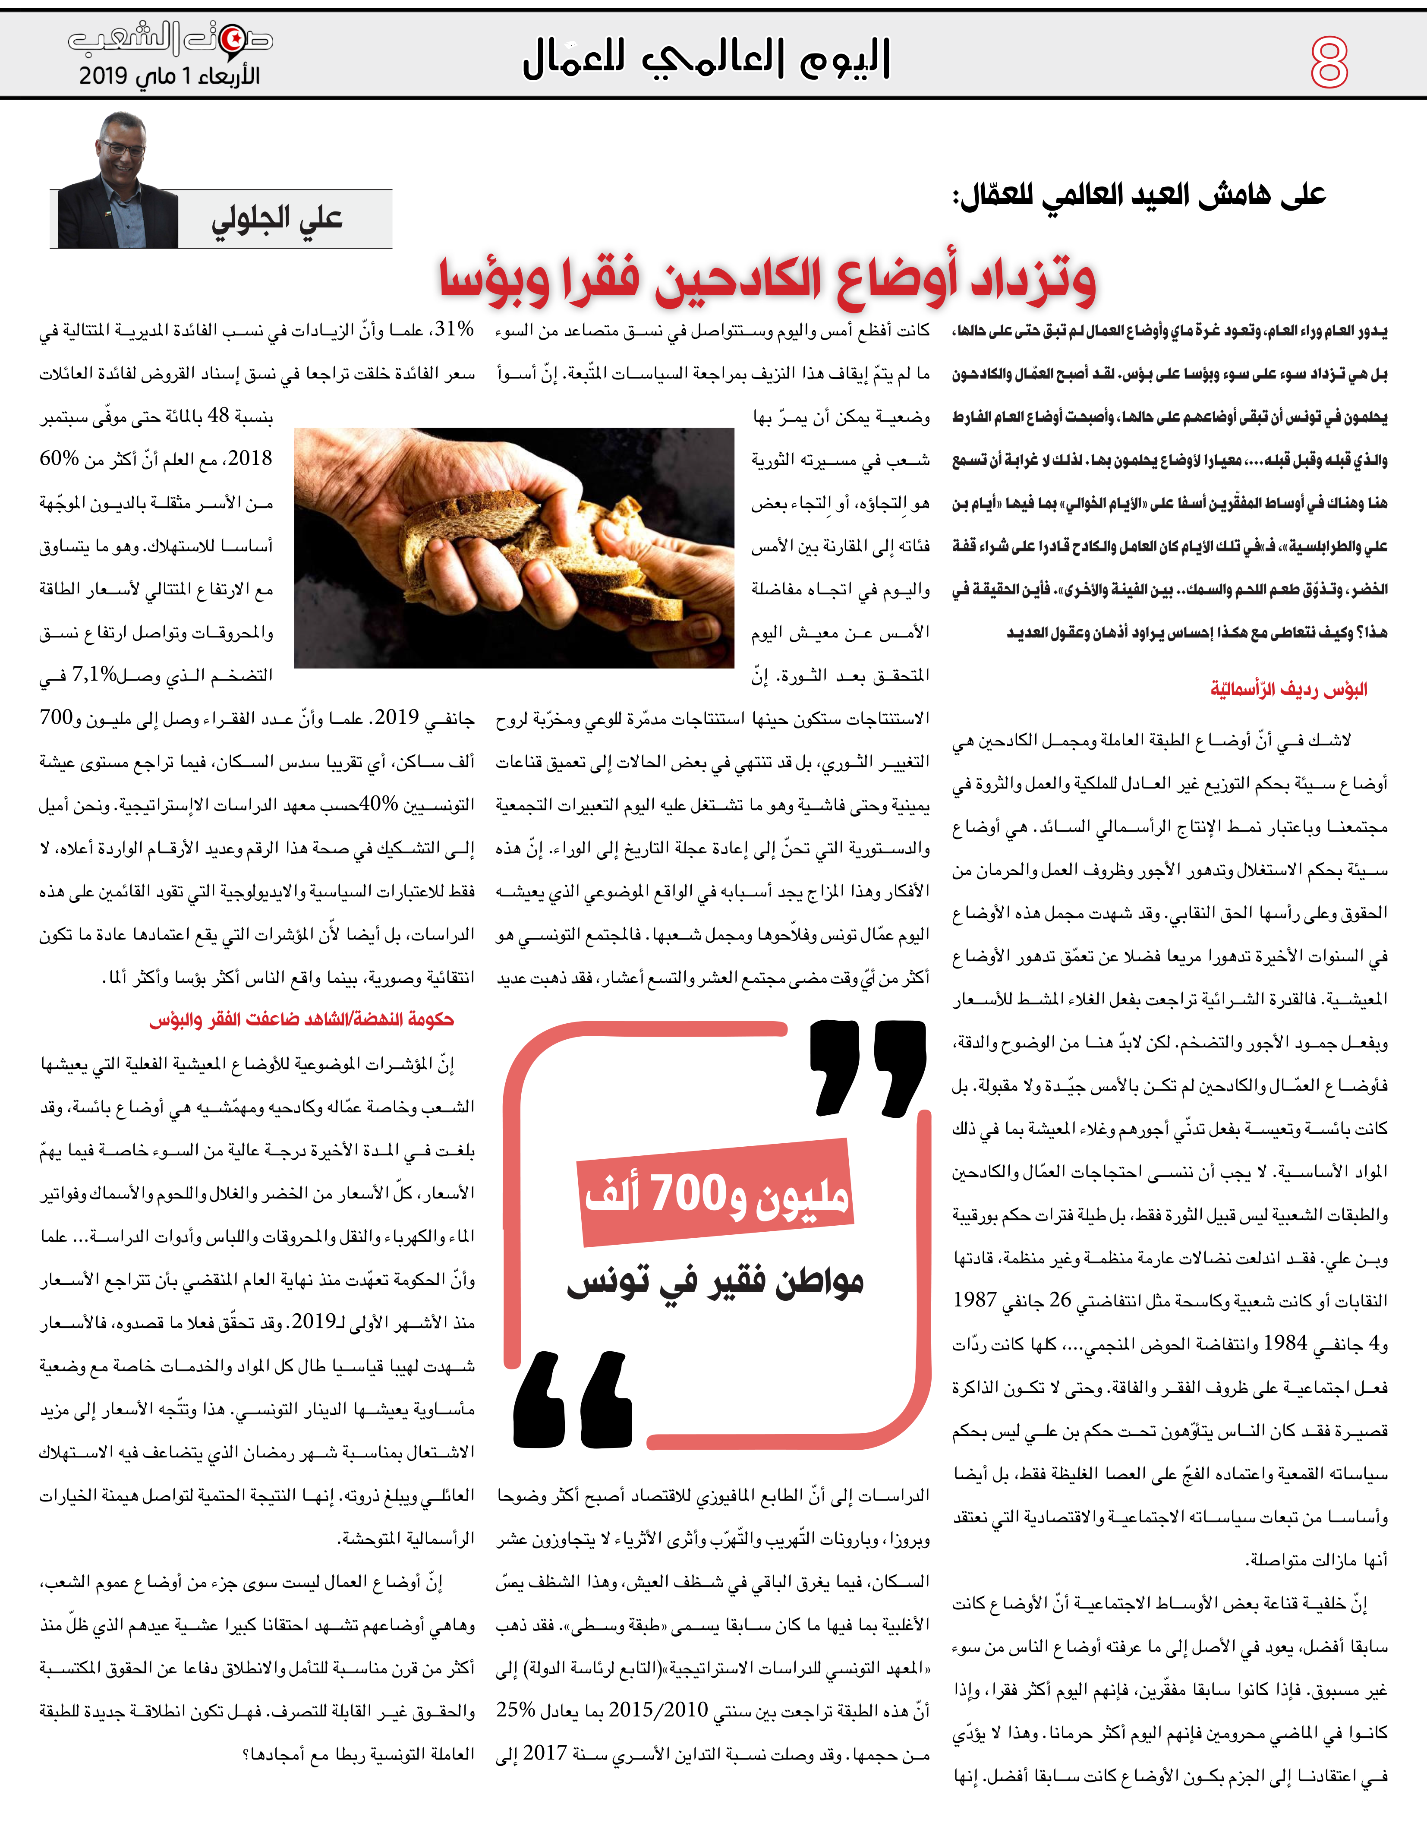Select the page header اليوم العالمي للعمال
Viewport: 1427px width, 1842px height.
pos(707,59)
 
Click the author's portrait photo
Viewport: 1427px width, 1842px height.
pos(118,181)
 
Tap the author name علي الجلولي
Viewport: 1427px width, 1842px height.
pos(277,219)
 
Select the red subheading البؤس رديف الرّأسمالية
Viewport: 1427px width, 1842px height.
pos(1288,690)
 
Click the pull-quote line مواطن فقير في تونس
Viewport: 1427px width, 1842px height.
pos(715,1283)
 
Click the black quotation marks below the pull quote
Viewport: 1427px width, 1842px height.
pos(573,1402)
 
